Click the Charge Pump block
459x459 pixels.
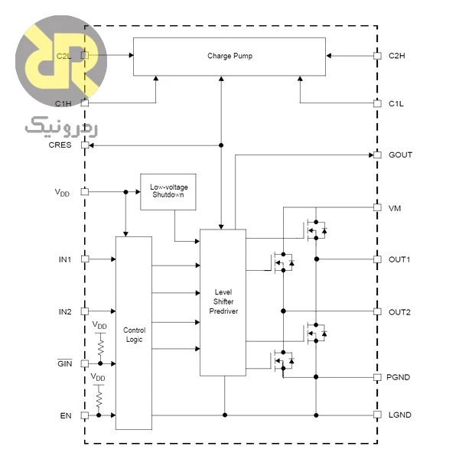[229, 57]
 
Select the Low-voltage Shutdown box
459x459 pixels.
[168, 192]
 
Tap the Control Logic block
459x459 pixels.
[134, 333]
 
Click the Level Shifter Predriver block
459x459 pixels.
[223, 302]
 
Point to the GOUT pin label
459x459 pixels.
[400, 155]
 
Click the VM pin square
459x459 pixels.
[377, 207]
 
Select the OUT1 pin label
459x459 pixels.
[399, 259]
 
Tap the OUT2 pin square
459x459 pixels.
[377, 311]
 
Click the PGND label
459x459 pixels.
[398, 377]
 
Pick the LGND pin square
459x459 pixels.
[377, 415]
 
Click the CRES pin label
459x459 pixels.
[60, 145]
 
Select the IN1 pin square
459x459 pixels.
[85, 259]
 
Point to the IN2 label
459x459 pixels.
[65, 312]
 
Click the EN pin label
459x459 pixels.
[66, 415]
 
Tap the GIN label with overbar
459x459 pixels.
[65, 363]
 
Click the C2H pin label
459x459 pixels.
[396, 56]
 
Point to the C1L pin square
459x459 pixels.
[377, 103]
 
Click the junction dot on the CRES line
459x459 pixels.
[221, 145]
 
